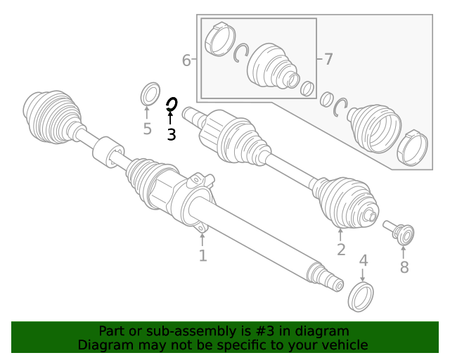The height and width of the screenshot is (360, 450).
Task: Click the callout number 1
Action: tap(202, 256)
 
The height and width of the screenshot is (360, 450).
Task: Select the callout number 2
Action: tap(341, 250)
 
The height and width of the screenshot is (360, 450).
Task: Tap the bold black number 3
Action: tap(171, 134)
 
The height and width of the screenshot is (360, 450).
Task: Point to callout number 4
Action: tap(364, 261)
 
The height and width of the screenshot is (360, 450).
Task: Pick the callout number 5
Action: tap(147, 129)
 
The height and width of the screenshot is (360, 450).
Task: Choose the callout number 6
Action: tap(186, 60)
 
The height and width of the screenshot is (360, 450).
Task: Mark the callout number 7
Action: tap(328, 60)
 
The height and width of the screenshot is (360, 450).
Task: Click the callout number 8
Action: tap(404, 267)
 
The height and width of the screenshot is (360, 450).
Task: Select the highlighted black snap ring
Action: tap(171, 105)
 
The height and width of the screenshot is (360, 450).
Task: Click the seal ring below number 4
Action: tap(361, 297)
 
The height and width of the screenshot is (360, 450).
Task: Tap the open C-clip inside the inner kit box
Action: tap(242, 52)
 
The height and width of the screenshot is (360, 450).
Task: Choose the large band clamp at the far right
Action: tap(411, 146)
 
